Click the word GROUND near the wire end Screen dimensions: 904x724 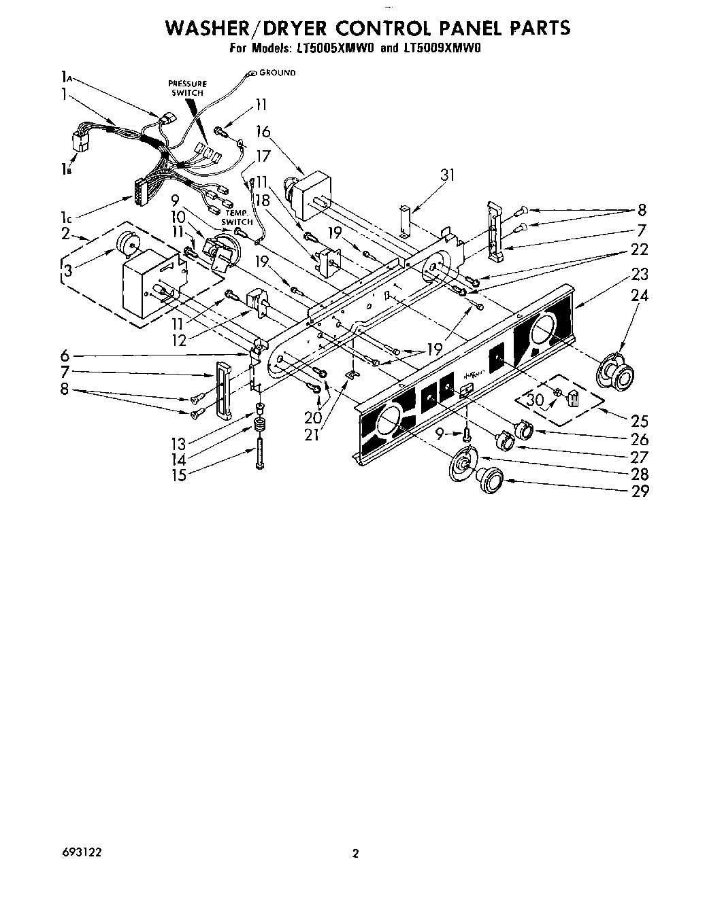pos(278,73)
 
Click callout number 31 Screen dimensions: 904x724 pos(446,175)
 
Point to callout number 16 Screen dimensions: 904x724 pos(263,131)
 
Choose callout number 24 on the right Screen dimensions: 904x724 pos(640,295)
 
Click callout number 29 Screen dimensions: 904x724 pos(640,491)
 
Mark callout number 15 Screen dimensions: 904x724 pos(179,475)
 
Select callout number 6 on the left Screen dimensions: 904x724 pos(65,355)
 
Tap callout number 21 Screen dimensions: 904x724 pos(312,434)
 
